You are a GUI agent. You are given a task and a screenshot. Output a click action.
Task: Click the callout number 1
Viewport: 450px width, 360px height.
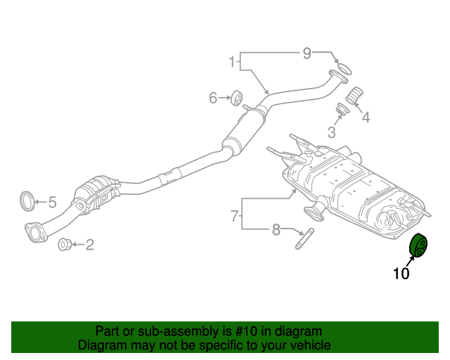[231, 63]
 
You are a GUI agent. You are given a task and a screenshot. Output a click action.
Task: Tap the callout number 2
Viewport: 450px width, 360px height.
[89, 245]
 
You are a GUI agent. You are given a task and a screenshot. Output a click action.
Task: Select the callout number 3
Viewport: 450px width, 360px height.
[331, 131]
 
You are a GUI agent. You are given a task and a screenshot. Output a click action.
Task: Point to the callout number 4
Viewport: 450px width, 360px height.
[366, 117]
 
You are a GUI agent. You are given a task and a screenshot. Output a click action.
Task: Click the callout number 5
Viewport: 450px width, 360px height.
[52, 203]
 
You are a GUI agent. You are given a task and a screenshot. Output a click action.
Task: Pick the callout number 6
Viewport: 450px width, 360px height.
[213, 98]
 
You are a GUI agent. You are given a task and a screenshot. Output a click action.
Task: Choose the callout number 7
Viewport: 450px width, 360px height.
[235, 217]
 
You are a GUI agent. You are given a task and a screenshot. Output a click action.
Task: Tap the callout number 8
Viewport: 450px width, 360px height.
[276, 229]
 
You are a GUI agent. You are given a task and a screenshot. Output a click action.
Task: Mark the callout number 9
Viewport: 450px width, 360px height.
[307, 53]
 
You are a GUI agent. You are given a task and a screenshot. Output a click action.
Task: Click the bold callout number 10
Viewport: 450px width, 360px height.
[401, 274]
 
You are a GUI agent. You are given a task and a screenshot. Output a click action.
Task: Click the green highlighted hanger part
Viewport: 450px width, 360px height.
[420, 245]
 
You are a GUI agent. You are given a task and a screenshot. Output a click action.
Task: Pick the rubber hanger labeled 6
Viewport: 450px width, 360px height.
[237, 98]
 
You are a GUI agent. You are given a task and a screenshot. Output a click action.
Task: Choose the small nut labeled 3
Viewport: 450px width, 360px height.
[343, 111]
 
